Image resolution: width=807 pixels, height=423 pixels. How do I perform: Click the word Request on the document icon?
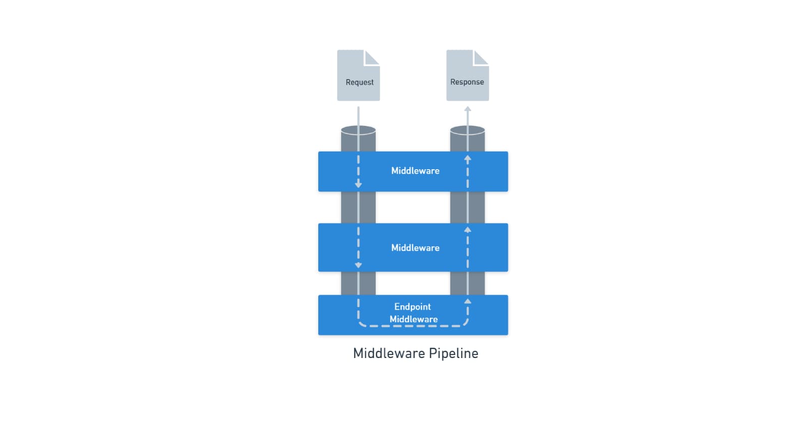(359, 82)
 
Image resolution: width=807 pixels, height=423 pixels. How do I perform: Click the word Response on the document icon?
(467, 82)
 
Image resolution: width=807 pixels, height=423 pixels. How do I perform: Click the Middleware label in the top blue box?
(415, 171)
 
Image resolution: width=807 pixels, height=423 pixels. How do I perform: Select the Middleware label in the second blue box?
(415, 248)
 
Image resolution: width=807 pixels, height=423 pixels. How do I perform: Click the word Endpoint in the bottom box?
(413, 307)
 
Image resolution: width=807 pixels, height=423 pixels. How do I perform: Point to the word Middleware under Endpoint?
(414, 319)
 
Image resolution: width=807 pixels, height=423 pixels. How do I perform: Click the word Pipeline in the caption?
(453, 354)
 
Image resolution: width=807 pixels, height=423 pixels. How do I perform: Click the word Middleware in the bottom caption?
(389, 354)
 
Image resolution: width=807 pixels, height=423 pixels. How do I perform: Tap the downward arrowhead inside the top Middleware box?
(358, 185)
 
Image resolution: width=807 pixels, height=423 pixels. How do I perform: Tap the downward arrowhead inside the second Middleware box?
(358, 265)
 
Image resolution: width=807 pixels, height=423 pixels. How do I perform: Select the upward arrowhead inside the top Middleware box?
(468, 159)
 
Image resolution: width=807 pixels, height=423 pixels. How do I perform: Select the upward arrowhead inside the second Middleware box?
(468, 230)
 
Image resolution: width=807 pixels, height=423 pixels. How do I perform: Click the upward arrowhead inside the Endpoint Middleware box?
(468, 301)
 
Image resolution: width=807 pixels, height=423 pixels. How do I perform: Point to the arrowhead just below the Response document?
(468, 109)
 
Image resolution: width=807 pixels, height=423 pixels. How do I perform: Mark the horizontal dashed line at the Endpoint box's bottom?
(413, 326)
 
